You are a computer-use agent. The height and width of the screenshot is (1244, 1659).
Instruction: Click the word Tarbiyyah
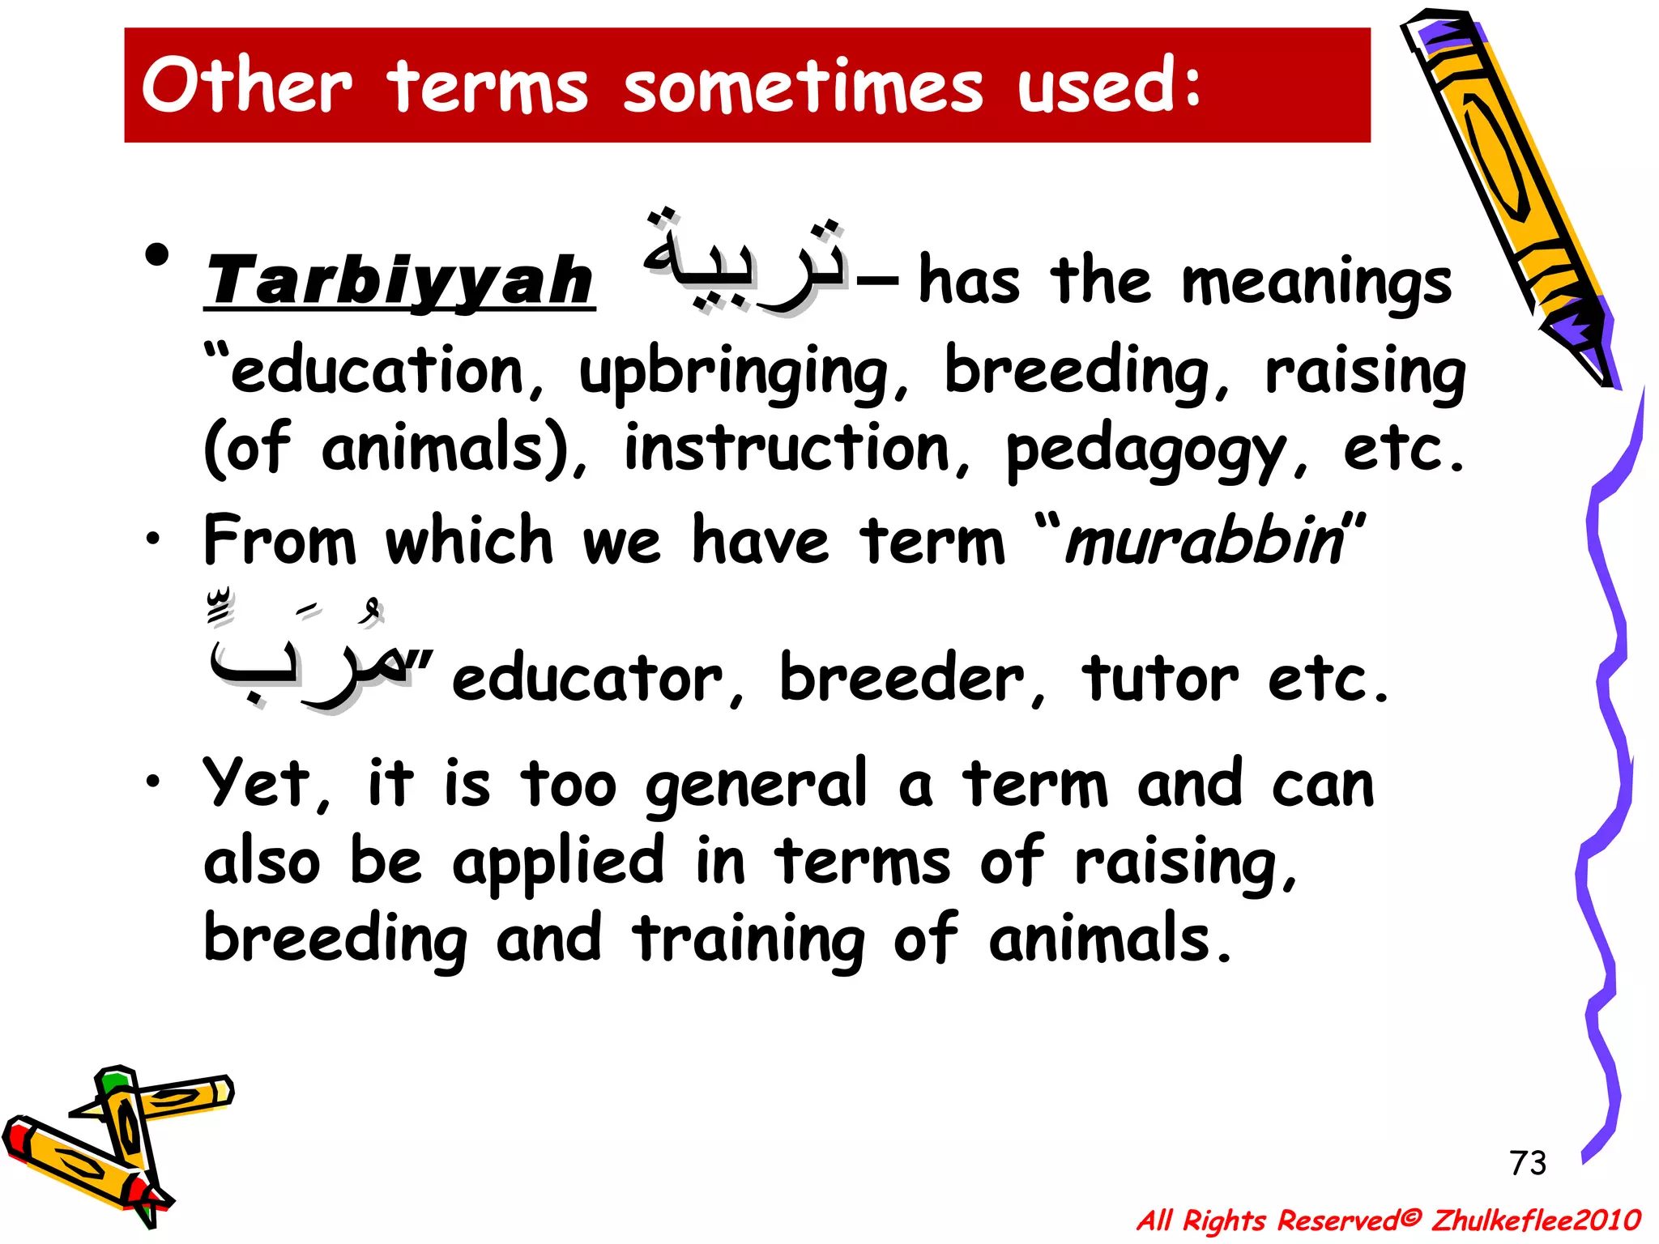[399, 281]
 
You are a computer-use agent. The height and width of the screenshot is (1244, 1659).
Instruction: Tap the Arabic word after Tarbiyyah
[744, 259]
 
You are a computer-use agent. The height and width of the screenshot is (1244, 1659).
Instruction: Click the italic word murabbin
[1205, 541]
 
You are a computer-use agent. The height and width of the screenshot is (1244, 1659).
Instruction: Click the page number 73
[1528, 1163]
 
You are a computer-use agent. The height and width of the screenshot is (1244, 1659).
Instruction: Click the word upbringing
[733, 373]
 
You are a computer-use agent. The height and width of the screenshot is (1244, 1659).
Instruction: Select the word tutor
[1159, 678]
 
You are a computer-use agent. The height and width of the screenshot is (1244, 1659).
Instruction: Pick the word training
[748, 939]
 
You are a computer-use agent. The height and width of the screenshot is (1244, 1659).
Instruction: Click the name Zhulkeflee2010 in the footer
[1536, 1220]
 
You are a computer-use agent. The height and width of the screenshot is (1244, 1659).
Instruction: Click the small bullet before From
[153, 539]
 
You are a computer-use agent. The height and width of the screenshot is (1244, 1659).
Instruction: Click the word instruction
[787, 450]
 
